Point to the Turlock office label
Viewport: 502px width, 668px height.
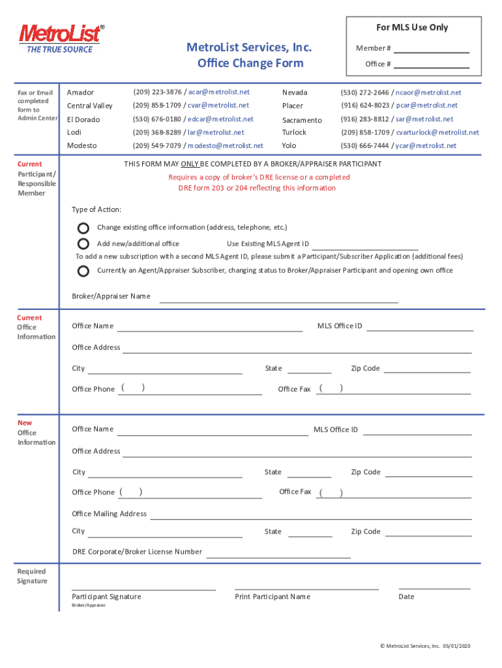coord(294,132)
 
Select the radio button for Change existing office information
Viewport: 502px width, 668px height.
coord(83,228)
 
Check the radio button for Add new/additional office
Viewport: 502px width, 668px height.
coord(83,244)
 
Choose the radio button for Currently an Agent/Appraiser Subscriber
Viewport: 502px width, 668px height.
coord(83,271)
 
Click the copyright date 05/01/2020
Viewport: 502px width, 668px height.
coord(456,646)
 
